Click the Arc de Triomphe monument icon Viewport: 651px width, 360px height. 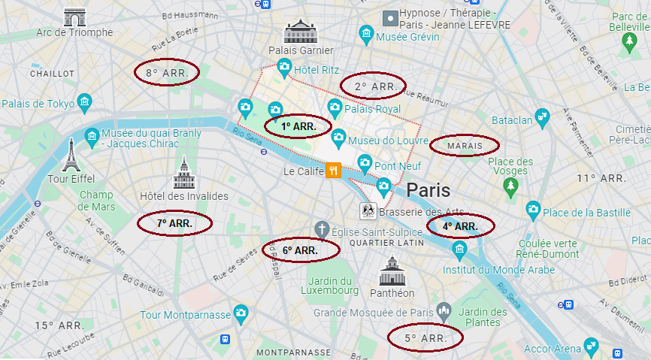(x=75, y=17)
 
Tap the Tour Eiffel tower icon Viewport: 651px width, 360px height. (x=71, y=154)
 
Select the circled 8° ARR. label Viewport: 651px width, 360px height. (x=167, y=72)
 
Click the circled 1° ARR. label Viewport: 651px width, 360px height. (x=298, y=126)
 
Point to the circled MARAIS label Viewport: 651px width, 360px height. (x=465, y=144)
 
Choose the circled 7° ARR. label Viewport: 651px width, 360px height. (x=174, y=223)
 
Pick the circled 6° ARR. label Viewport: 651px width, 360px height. (x=301, y=250)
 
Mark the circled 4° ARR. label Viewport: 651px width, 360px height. (x=460, y=225)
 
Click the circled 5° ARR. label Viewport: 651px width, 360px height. (x=425, y=338)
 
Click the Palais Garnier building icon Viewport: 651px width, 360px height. (x=301, y=32)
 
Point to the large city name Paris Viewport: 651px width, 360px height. (x=428, y=190)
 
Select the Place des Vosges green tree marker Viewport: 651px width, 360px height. (x=511, y=185)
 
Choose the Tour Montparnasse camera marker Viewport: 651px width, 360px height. (x=241, y=312)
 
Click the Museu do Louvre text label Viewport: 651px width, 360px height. (x=382, y=141)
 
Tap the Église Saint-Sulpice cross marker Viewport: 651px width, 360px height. (x=322, y=228)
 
